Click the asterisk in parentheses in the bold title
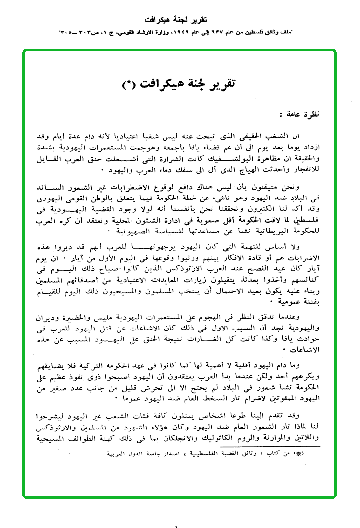132,84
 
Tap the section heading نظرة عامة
300,115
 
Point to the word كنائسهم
306,278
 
